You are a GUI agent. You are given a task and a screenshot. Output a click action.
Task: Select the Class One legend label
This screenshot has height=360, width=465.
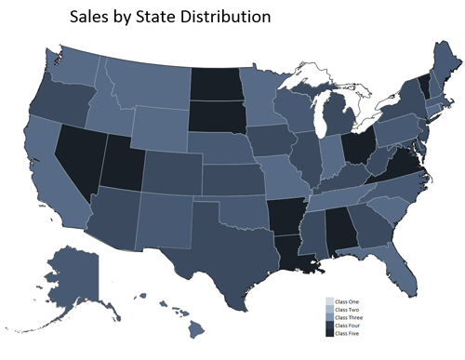(x=348, y=301)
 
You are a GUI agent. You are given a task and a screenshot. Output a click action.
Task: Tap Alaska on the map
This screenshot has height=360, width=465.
(x=74, y=279)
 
